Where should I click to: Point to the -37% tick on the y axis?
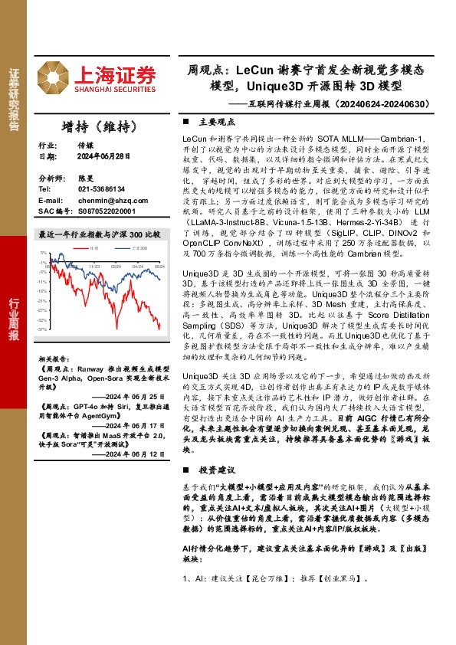click(x=45, y=329)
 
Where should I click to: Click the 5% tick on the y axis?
click(x=46, y=252)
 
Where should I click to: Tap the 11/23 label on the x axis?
click(x=94, y=267)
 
